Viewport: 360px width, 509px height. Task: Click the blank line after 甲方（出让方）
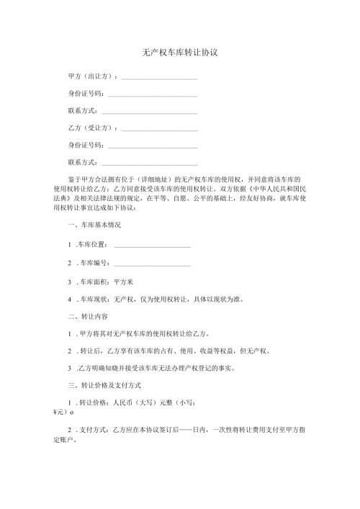160,77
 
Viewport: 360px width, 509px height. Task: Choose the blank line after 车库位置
152,246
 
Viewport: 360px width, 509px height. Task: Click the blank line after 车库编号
152,264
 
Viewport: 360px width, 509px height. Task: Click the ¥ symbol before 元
56,413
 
